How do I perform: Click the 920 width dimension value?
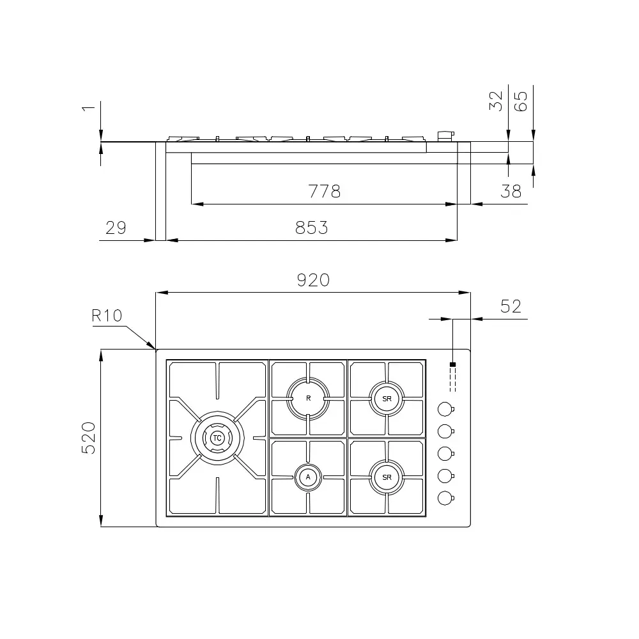coord(313,279)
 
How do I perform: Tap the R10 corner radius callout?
coord(106,315)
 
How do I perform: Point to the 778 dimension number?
coord(325,191)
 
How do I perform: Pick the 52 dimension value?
coord(511,307)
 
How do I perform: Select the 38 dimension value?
coord(511,191)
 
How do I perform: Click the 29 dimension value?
coord(116,227)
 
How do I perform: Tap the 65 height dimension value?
coord(521,101)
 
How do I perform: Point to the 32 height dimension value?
coord(497,101)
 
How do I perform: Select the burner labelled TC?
coord(217,438)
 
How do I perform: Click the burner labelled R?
coord(308,398)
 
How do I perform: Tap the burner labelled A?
coord(308,477)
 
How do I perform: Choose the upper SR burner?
coord(387,398)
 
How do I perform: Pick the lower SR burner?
coord(387,477)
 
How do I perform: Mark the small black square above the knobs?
coord(453,365)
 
